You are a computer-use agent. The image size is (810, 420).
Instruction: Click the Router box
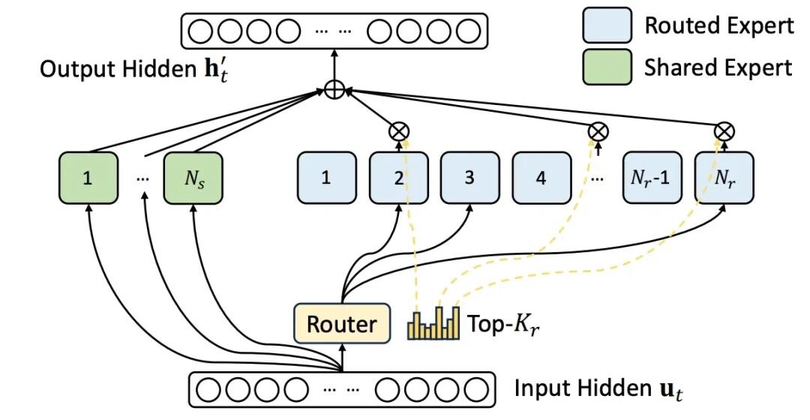click(x=342, y=324)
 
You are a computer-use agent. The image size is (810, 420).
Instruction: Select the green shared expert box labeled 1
click(x=88, y=178)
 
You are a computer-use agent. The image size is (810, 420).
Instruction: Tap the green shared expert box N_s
click(x=193, y=178)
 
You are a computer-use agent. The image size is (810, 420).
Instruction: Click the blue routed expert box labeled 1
click(x=326, y=178)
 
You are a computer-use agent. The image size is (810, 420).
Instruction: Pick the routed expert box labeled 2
click(x=399, y=178)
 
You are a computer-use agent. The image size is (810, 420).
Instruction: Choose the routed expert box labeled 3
click(x=469, y=178)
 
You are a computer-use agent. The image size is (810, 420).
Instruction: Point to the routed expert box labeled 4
click(x=541, y=178)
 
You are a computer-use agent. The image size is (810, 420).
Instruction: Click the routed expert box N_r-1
click(x=650, y=178)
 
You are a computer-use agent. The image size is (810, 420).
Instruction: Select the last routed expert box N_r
click(x=724, y=178)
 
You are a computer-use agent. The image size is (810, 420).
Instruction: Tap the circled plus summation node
click(x=334, y=90)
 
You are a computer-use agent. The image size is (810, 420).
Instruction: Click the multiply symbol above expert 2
click(x=398, y=131)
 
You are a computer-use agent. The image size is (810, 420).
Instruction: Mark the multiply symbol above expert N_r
click(x=724, y=131)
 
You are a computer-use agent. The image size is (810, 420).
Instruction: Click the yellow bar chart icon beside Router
click(x=433, y=323)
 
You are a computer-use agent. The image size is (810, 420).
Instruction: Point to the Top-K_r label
click(x=504, y=325)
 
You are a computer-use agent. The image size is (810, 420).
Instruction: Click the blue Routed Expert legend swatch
click(x=607, y=25)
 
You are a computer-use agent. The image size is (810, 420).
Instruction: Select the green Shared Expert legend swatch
click(x=607, y=67)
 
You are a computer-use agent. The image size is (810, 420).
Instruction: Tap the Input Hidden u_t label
click(x=598, y=389)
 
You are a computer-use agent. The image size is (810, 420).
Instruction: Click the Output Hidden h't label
click(x=134, y=70)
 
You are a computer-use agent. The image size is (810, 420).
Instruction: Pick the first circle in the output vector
click(x=200, y=31)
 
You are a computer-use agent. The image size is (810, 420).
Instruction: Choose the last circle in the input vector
click(x=475, y=389)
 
